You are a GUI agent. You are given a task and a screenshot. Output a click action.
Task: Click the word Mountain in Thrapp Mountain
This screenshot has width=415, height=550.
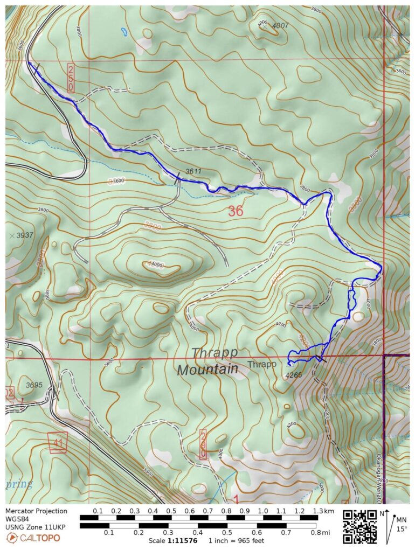pyautogui.click(x=207, y=370)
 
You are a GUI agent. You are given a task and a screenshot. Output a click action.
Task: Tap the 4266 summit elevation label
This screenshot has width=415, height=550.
pyautogui.click(x=294, y=375)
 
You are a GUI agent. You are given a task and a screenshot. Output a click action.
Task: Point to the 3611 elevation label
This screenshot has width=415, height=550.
pyautogui.click(x=193, y=171)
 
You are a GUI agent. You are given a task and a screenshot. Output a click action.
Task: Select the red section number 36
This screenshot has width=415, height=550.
pyautogui.click(x=235, y=211)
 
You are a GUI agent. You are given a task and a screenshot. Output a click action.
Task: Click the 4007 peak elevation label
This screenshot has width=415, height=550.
pyautogui.click(x=280, y=25)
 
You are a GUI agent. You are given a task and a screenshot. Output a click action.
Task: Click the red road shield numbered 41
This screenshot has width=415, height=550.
pyautogui.click(x=57, y=441)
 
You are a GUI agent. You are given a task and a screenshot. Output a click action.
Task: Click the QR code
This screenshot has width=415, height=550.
pyautogui.click(x=359, y=526)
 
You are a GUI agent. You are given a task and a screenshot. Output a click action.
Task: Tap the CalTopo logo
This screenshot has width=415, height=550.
pyautogui.click(x=33, y=538)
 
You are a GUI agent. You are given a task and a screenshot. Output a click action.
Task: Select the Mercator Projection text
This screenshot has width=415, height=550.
pyautogui.click(x=37, y=511)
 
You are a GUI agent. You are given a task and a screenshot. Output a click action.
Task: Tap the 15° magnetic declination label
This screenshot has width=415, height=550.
pyautogui.click(x=402, y=529)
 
